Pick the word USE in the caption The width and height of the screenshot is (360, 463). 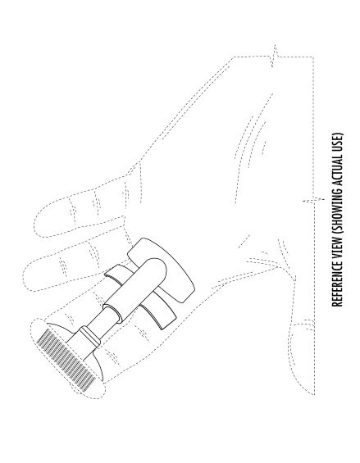pyautogui.click(x=338, y=139)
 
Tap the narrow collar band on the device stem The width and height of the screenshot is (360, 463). pyautogui.click(x=90, y=336)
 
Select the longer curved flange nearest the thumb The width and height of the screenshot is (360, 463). pyautogui.click(x=159, y=314)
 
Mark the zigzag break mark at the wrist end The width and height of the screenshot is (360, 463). pyautogui.click(x=275, y=56)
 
